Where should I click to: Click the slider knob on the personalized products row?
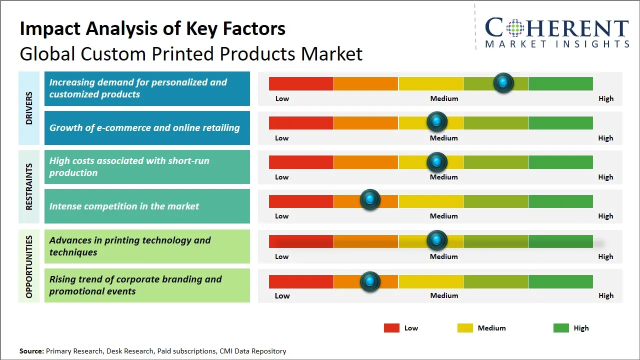[x=503, y=82]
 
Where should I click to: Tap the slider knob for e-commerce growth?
[x=437, y=121]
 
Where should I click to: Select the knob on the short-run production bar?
[x=437, y=161]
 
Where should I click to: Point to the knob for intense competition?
[x=370, y=200]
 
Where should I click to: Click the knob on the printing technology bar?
[x=437, y=240]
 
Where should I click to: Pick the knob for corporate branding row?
[x=370, y=281]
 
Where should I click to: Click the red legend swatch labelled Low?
[x=391, y=328]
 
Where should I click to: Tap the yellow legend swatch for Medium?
[x=465, y=328]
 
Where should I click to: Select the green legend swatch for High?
[x=561, y=328]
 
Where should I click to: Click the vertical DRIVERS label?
[x=29, y=108]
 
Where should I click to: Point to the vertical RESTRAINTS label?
[x=29, y=186]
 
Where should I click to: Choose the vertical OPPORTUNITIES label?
[x=29, y=266]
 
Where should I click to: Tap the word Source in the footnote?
[x=31, y=351]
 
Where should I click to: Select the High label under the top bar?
[x=605, y=98]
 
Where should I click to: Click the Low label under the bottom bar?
[x=282, y=295]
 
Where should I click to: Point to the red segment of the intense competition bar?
[x=301, y=201]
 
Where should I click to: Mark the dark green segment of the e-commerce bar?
[x=560, y=122]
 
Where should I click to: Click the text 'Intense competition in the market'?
[x=124, y=206]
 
